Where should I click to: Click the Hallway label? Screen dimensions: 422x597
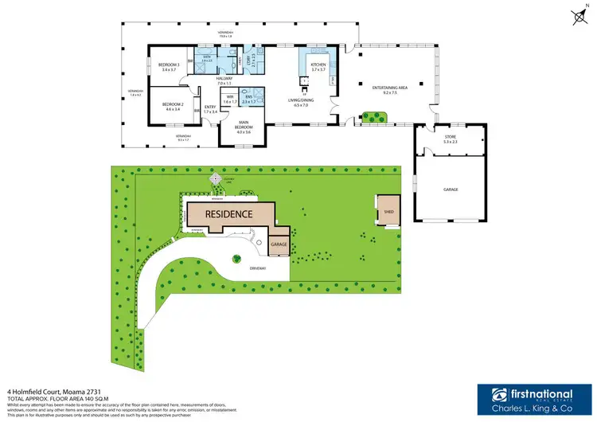[x=223, y=80]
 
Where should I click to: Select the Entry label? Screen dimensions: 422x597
[x=210, y=109]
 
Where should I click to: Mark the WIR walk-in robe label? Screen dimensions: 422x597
[x=229, y=99]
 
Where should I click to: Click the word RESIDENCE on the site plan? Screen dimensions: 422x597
[x=228, y=214]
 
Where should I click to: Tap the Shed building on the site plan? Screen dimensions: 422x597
[x=388, y=213]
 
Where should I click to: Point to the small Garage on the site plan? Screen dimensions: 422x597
[x=279, y=244]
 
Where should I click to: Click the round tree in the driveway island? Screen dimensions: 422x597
[x=236, y=258]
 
